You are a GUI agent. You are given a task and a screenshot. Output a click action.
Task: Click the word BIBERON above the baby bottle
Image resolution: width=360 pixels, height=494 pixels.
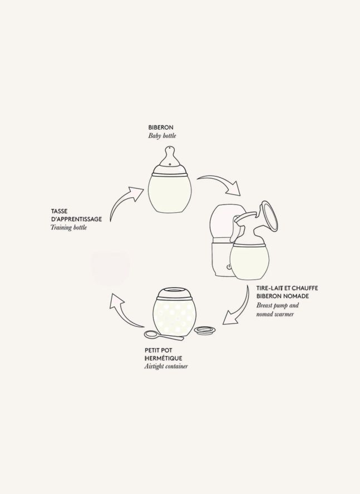(161, 128)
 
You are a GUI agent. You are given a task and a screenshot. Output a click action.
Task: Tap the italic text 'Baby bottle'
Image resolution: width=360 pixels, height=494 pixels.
(162, 136)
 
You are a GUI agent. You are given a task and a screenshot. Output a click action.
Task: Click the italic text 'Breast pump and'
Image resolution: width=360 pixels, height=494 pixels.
(278, 305)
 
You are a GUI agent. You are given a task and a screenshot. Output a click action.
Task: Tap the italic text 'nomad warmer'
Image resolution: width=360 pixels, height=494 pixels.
(275, 314)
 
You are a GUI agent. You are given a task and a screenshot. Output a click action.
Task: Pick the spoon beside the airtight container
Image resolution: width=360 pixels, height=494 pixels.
(164, 335)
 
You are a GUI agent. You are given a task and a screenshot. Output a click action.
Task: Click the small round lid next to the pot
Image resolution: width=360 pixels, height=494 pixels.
(205, 330)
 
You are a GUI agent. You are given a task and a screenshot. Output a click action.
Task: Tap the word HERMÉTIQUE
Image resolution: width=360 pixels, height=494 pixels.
(164, 358)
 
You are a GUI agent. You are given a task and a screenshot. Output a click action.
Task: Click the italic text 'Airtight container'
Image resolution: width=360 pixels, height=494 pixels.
(166, 366)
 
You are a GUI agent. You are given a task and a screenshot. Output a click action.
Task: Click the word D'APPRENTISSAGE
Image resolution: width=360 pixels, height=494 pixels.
(76, 219)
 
